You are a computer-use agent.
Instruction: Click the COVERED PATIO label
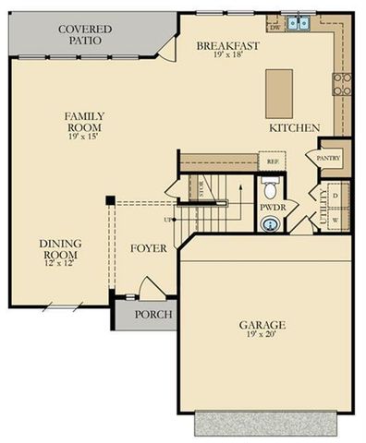tap(85, 35)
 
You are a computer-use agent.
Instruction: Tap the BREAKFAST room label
tap(227, 45)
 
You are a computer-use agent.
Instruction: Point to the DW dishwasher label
tap(274, 28)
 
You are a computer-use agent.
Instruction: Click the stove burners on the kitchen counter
tap(343, 84)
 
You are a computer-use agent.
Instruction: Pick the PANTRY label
tap(329, 158)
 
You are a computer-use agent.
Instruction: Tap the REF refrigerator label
tap(273, 162)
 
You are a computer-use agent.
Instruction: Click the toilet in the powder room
tap(271, 190)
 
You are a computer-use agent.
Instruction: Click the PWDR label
tap(273, 208)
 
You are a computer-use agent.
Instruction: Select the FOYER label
tap(148, 247)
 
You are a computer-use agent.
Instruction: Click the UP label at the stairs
tap(167, 220)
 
